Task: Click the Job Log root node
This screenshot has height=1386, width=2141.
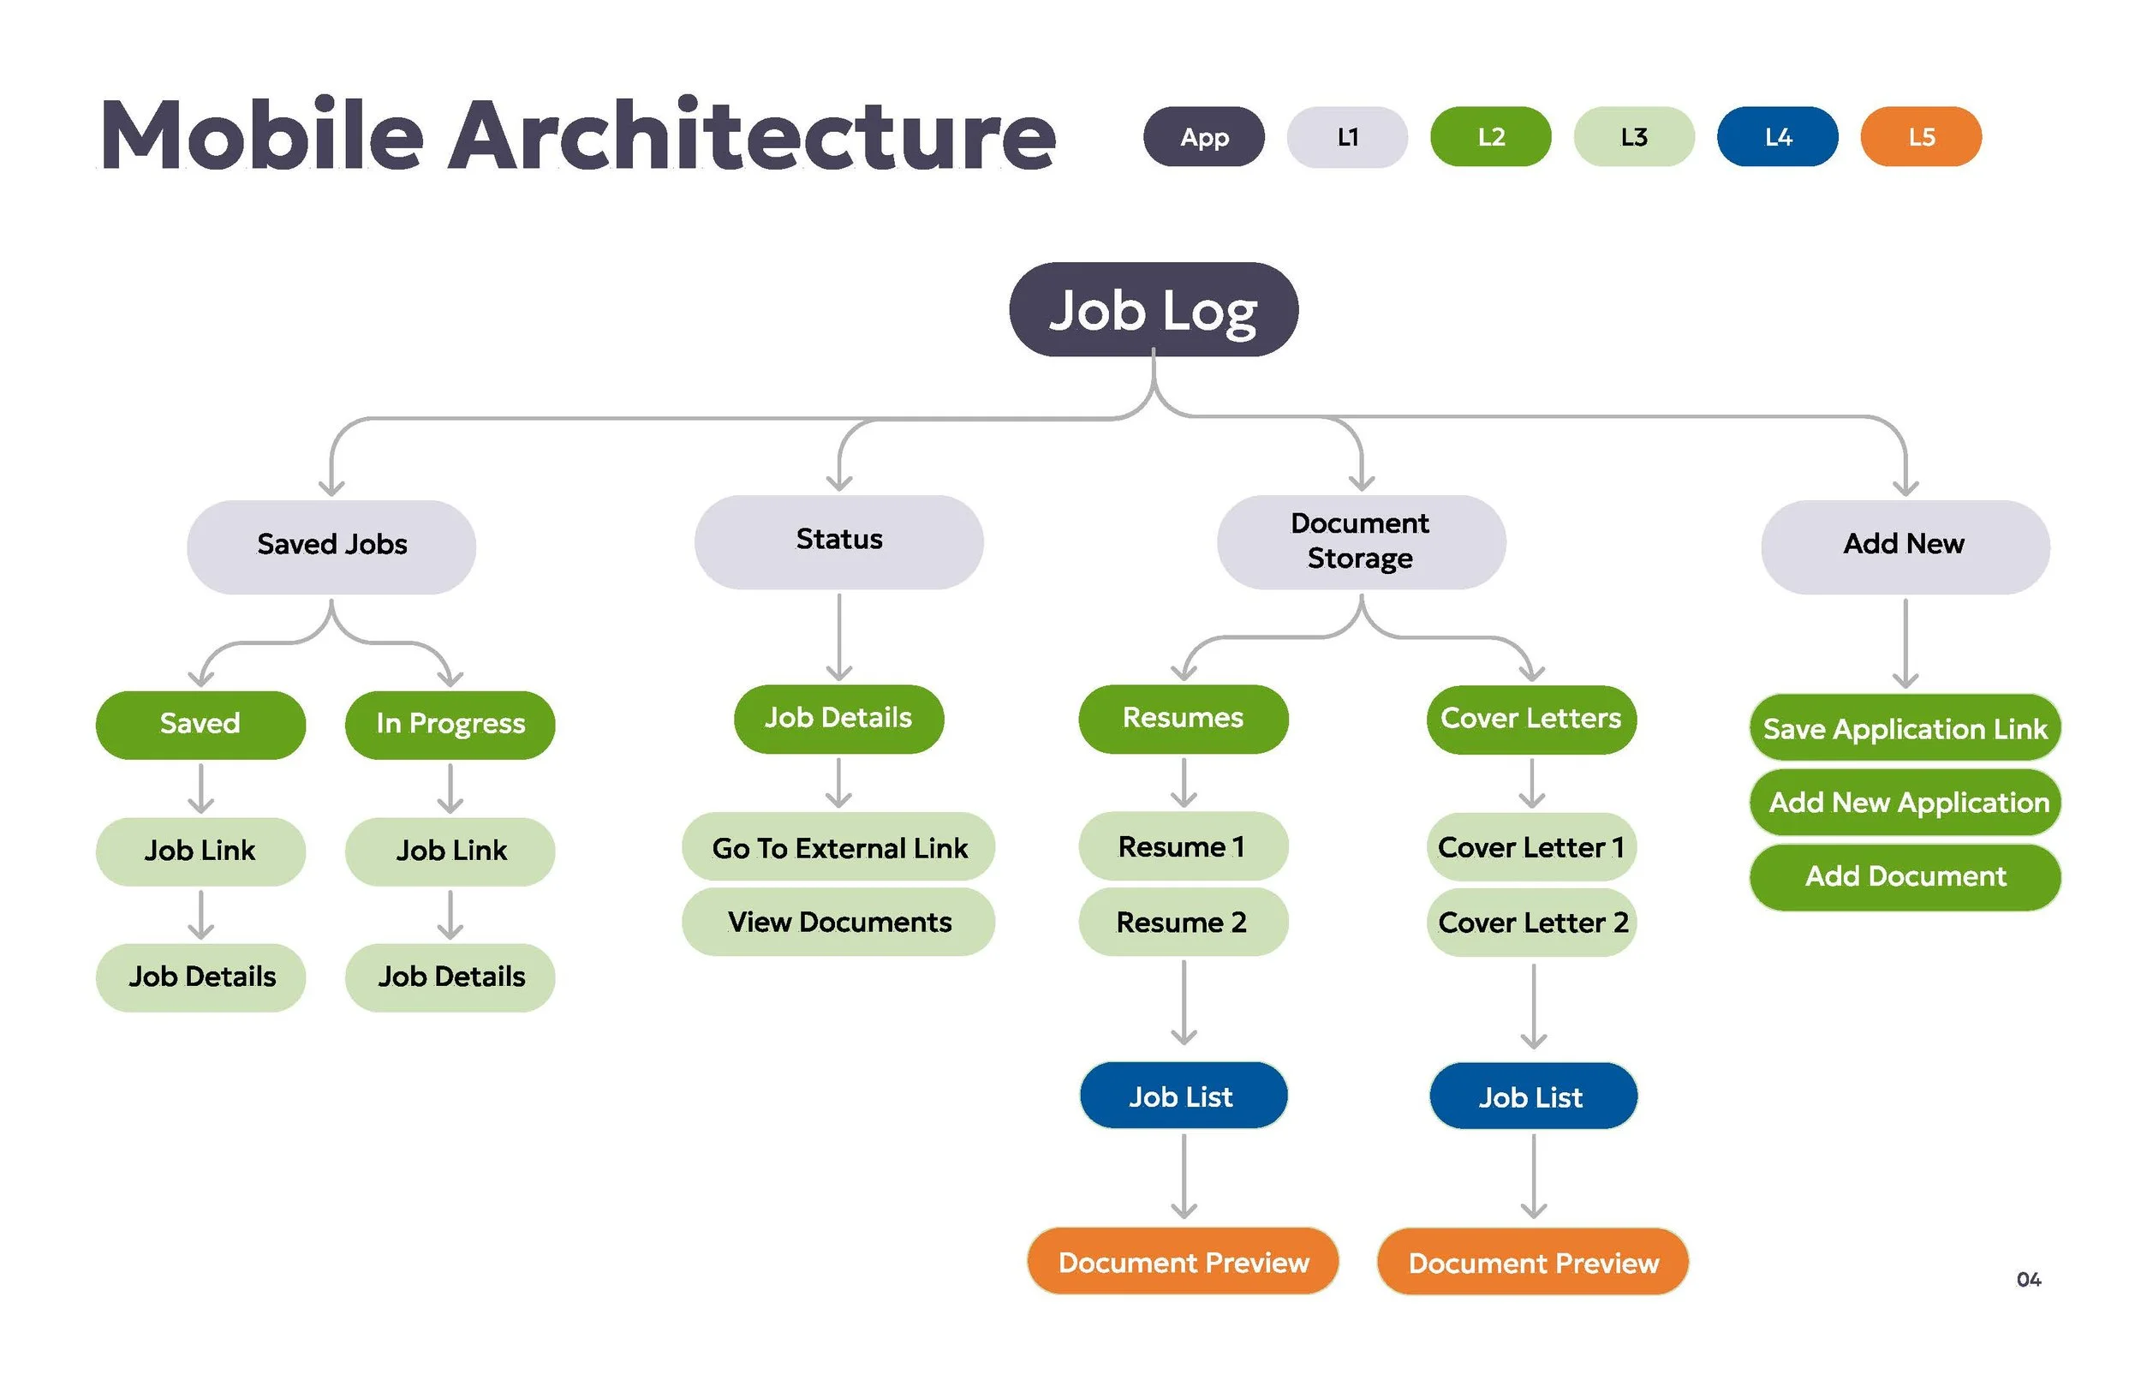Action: pyautogui.click(x=1153, y=309)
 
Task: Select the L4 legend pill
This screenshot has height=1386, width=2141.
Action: pyautogui.click(x=1777, y=137)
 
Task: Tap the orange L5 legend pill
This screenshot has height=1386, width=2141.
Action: pyautogui.click(x=1920, y=137)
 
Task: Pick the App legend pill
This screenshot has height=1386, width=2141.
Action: pyautogui.click(x=1203, y=137)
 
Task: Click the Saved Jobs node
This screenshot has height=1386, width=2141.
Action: pyautogui.click(x=331, y=546)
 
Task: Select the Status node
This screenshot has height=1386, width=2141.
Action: pyautogui.click(x=838, y=541)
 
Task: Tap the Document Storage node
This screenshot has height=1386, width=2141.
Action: pyautogui.click(x=1360, y=541)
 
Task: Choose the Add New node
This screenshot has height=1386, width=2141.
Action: pyautogui.click(x=1905, y=546)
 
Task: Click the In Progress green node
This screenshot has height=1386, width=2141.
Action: pyautogui.click(x=450, y=725)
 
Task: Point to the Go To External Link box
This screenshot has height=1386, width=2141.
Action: pyautogui.click(x=838, y=848)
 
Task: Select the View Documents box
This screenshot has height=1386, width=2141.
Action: pyautogui.click(x=838, y=923)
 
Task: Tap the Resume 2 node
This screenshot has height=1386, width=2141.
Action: pyautogui.click(x=1182, y=923)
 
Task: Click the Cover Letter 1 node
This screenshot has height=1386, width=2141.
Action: pyautogui.click(x=1531, y=848)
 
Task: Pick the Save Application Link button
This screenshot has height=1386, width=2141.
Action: pyautogui.click(x=1905, y=728)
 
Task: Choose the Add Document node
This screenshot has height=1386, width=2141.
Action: pyautogui.click(x=1905, y=876)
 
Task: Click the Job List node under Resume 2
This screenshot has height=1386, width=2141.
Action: pyautogui.click(x=1182, y=1096)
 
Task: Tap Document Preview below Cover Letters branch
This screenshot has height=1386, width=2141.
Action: pyautogui.click(x=1532, y=1263)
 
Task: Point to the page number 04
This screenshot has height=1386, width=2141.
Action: pyautogui.click(x=2028, y=1279)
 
